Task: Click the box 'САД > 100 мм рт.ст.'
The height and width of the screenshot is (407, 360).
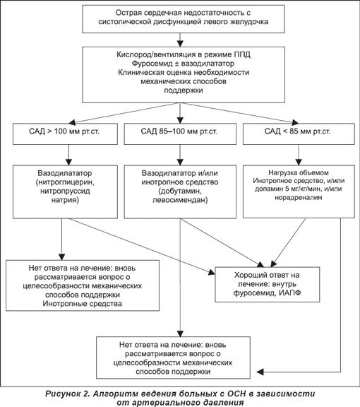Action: pos(65,134)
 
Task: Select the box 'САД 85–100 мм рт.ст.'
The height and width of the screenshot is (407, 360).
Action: pos(180,134)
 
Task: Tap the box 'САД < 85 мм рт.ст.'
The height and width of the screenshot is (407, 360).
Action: pos(299,134)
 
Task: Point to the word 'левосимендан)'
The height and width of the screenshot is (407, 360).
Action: pos(180,200)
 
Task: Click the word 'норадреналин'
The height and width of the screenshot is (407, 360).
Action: pos(299,197)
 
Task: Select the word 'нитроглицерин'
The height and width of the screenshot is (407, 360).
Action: pos(65,182)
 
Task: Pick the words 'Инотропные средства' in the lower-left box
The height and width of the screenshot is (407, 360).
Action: pos(82,304)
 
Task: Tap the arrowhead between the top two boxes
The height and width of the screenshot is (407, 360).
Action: pos(180,44)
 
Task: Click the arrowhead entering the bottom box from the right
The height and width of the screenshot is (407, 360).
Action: pos(260,372)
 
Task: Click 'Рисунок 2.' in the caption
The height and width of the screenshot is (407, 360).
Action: pos(68,394)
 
